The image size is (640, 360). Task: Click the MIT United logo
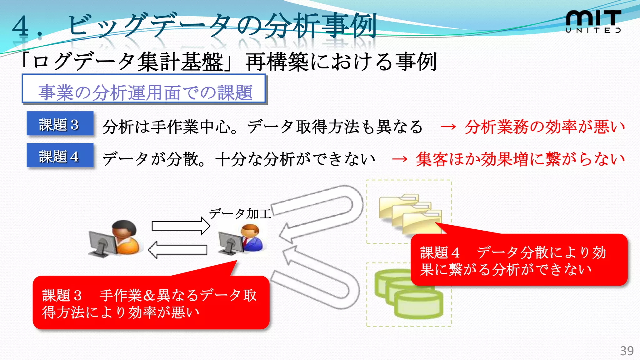(593, 21)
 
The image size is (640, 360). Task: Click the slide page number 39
(627, 351)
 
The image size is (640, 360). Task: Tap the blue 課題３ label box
(60, 124)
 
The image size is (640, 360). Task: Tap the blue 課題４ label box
(60, 156)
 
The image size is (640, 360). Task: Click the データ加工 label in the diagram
(240, 214)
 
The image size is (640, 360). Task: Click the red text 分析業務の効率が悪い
(544, 127)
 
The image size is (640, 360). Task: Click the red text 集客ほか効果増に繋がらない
(520, 159)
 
